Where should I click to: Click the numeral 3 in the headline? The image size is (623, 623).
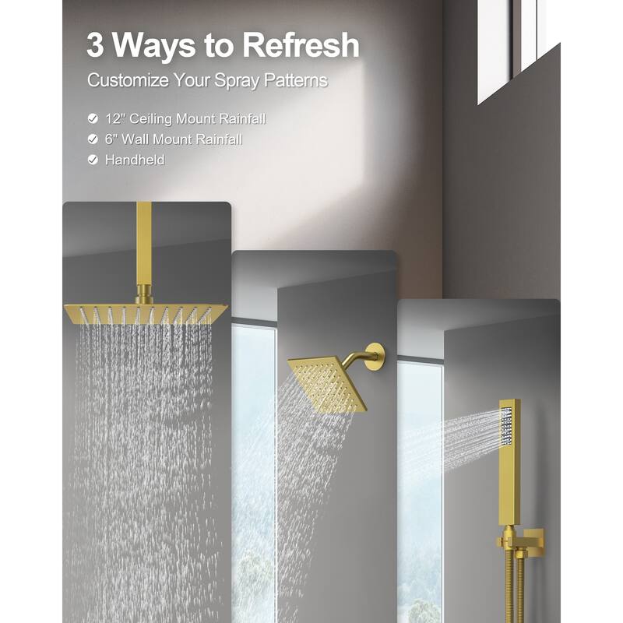(x=95, y=45)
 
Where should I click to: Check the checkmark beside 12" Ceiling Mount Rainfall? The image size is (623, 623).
(x=93, y=119)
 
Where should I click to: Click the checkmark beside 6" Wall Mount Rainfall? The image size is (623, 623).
(x=93, y=139)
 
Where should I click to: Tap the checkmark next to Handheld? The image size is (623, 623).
(x=93, y=160)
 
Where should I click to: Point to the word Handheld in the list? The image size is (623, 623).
(x=135, y=160)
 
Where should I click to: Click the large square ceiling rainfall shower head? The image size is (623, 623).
(x=146, y=314)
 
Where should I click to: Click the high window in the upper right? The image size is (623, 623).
(x=519, y=47)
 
